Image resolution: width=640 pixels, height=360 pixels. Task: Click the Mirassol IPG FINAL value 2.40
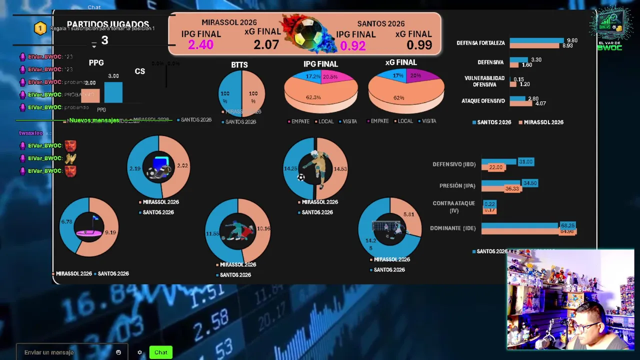[200, 45]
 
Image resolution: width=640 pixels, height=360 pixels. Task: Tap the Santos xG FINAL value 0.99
[419, 45]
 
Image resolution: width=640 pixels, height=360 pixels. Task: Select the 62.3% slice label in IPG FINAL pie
[313, 97]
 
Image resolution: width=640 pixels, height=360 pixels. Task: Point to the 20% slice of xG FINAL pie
[414, 76]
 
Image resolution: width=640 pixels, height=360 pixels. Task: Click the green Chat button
[160, 352]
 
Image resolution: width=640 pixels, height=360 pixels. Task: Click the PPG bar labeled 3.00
[113, 92]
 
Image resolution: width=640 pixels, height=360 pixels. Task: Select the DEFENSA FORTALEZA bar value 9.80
[572, 40]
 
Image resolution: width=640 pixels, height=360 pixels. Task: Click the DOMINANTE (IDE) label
[452, 228]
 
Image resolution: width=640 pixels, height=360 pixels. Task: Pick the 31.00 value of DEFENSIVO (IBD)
[525, 162]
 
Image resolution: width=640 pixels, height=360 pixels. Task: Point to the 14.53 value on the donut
[340, 169]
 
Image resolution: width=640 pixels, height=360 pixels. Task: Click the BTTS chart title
[239, 65]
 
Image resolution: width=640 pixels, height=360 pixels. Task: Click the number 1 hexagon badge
[40, 28]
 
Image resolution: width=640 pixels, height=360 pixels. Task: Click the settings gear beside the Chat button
[139, 352]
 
